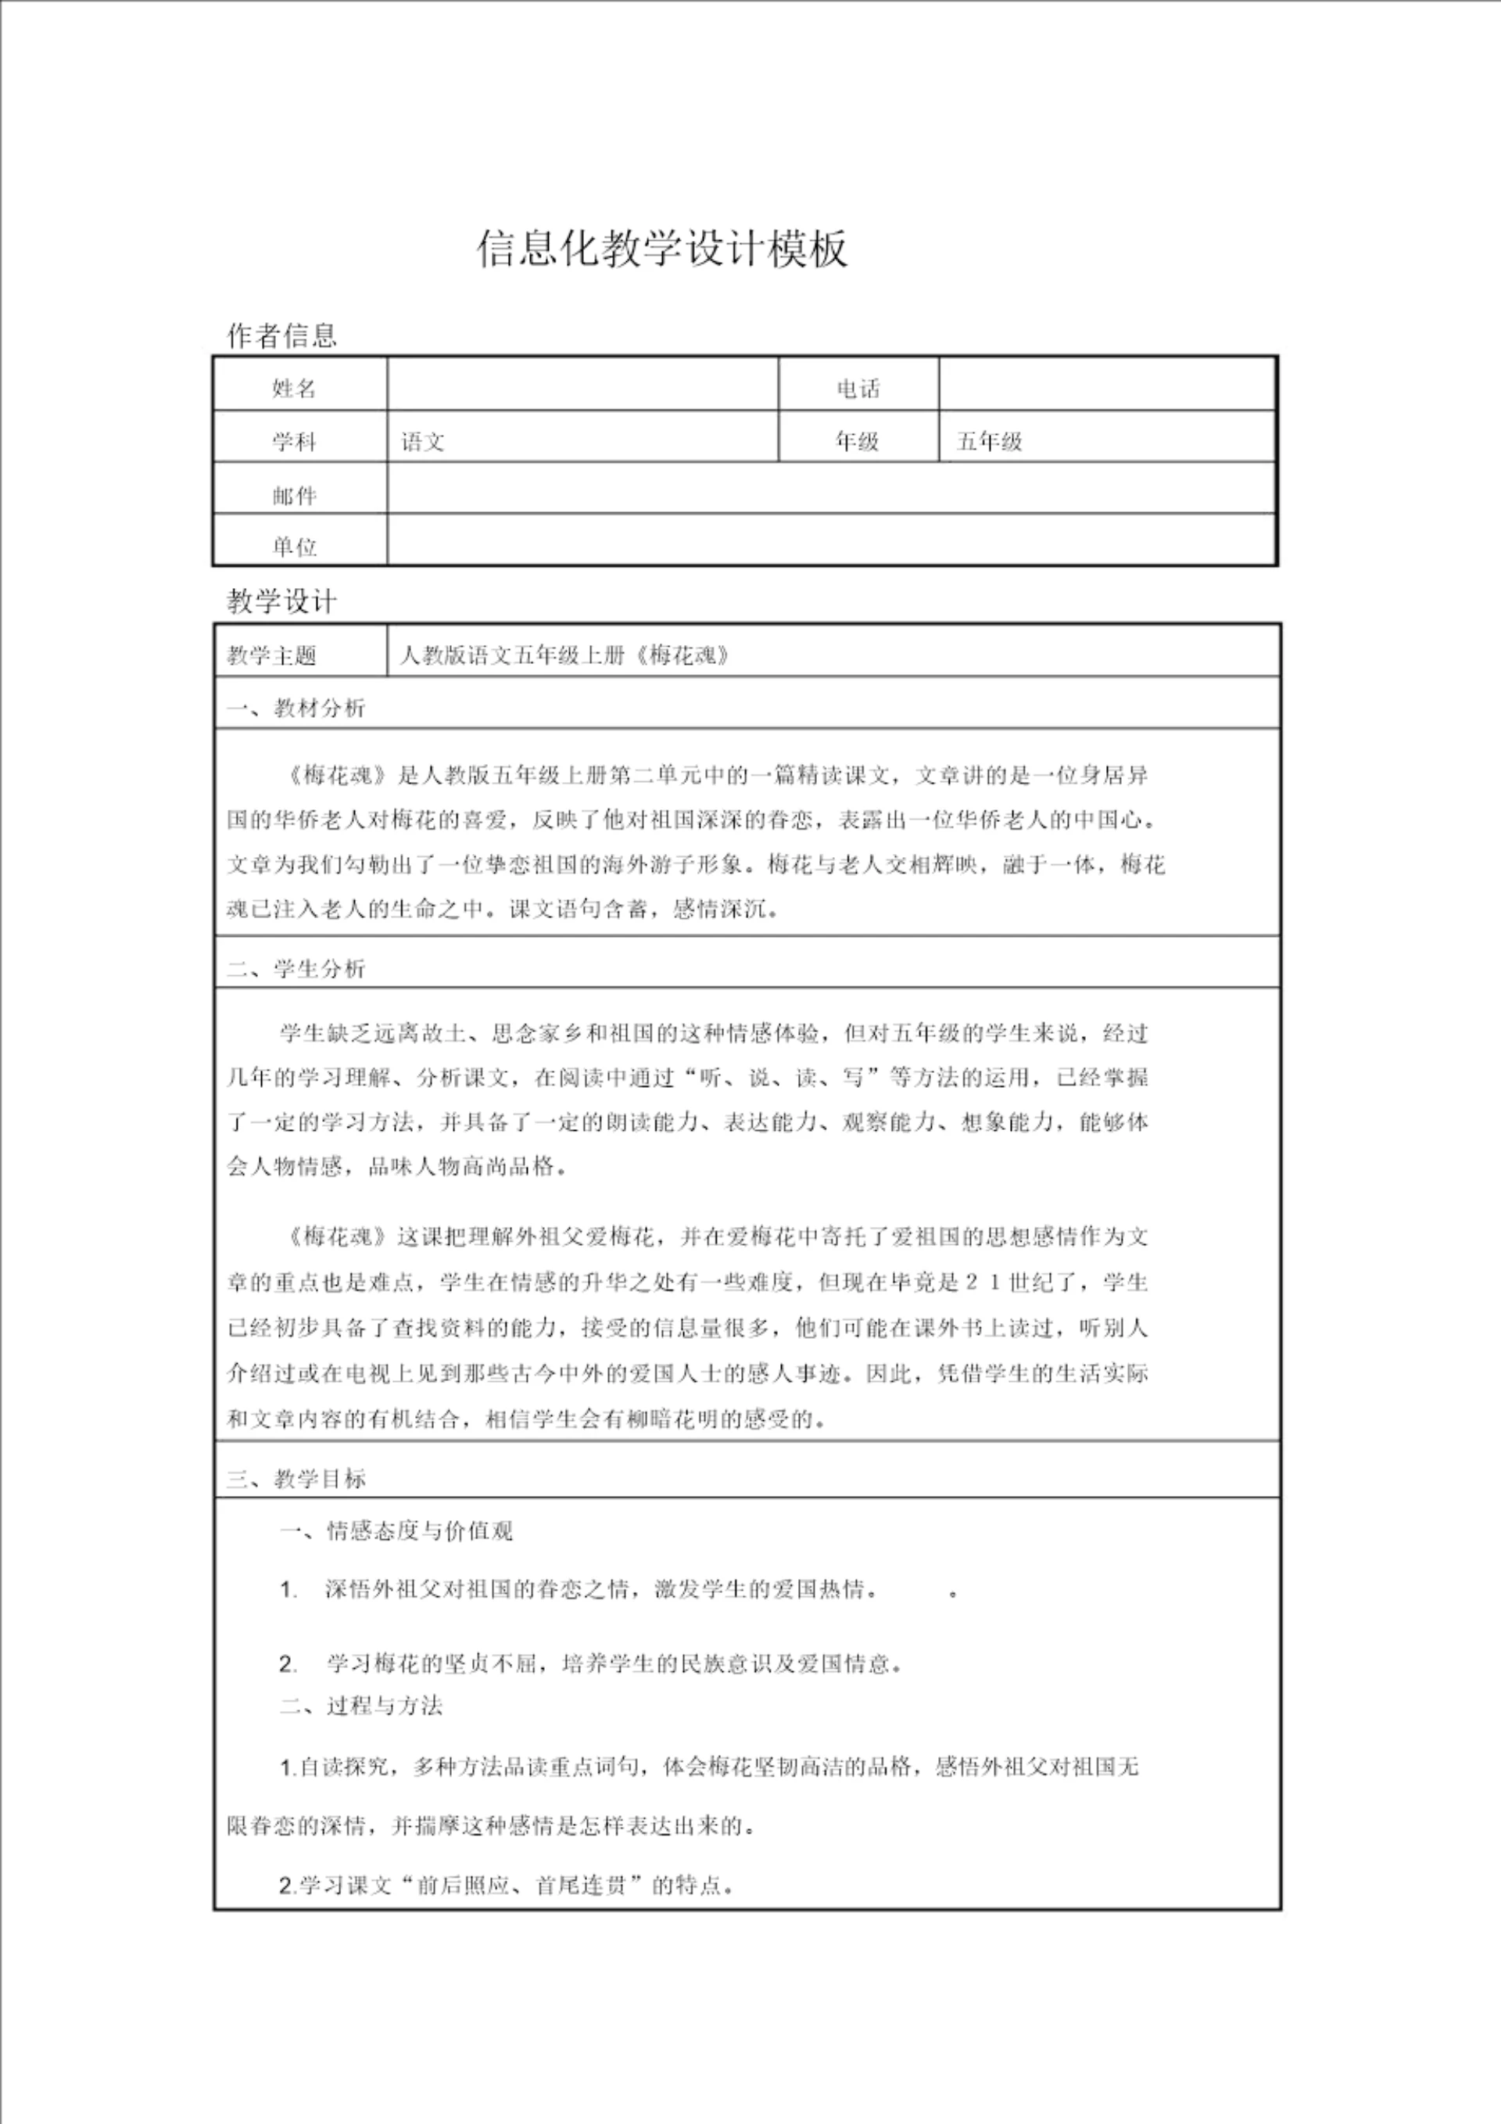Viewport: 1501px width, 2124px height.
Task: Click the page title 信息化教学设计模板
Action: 661,249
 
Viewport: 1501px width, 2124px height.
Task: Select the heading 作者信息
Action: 282,335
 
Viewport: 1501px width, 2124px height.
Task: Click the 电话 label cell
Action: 858,389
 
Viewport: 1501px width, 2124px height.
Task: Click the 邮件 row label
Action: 295,496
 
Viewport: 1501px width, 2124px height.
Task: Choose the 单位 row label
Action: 295,546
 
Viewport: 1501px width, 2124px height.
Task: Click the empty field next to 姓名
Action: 582,385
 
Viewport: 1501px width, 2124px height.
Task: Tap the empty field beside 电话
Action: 1107,385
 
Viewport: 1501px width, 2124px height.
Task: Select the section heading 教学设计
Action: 282,601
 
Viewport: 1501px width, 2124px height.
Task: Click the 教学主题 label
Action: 272,656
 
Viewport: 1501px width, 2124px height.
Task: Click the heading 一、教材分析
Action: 296,709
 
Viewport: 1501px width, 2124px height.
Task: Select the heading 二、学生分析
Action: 296,969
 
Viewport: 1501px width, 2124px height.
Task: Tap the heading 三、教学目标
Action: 296,1478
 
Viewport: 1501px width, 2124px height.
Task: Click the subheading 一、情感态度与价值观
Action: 396,1531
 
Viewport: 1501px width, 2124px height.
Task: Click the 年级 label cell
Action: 858,441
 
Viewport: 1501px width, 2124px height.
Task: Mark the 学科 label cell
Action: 295,441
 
